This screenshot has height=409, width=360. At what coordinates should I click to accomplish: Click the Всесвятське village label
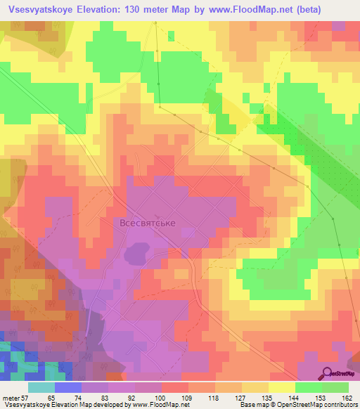[x=146, y=223]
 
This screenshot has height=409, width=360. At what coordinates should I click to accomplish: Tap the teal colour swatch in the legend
[x=41, y=388]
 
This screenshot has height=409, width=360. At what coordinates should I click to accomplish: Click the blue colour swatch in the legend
[x=67, y=388]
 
